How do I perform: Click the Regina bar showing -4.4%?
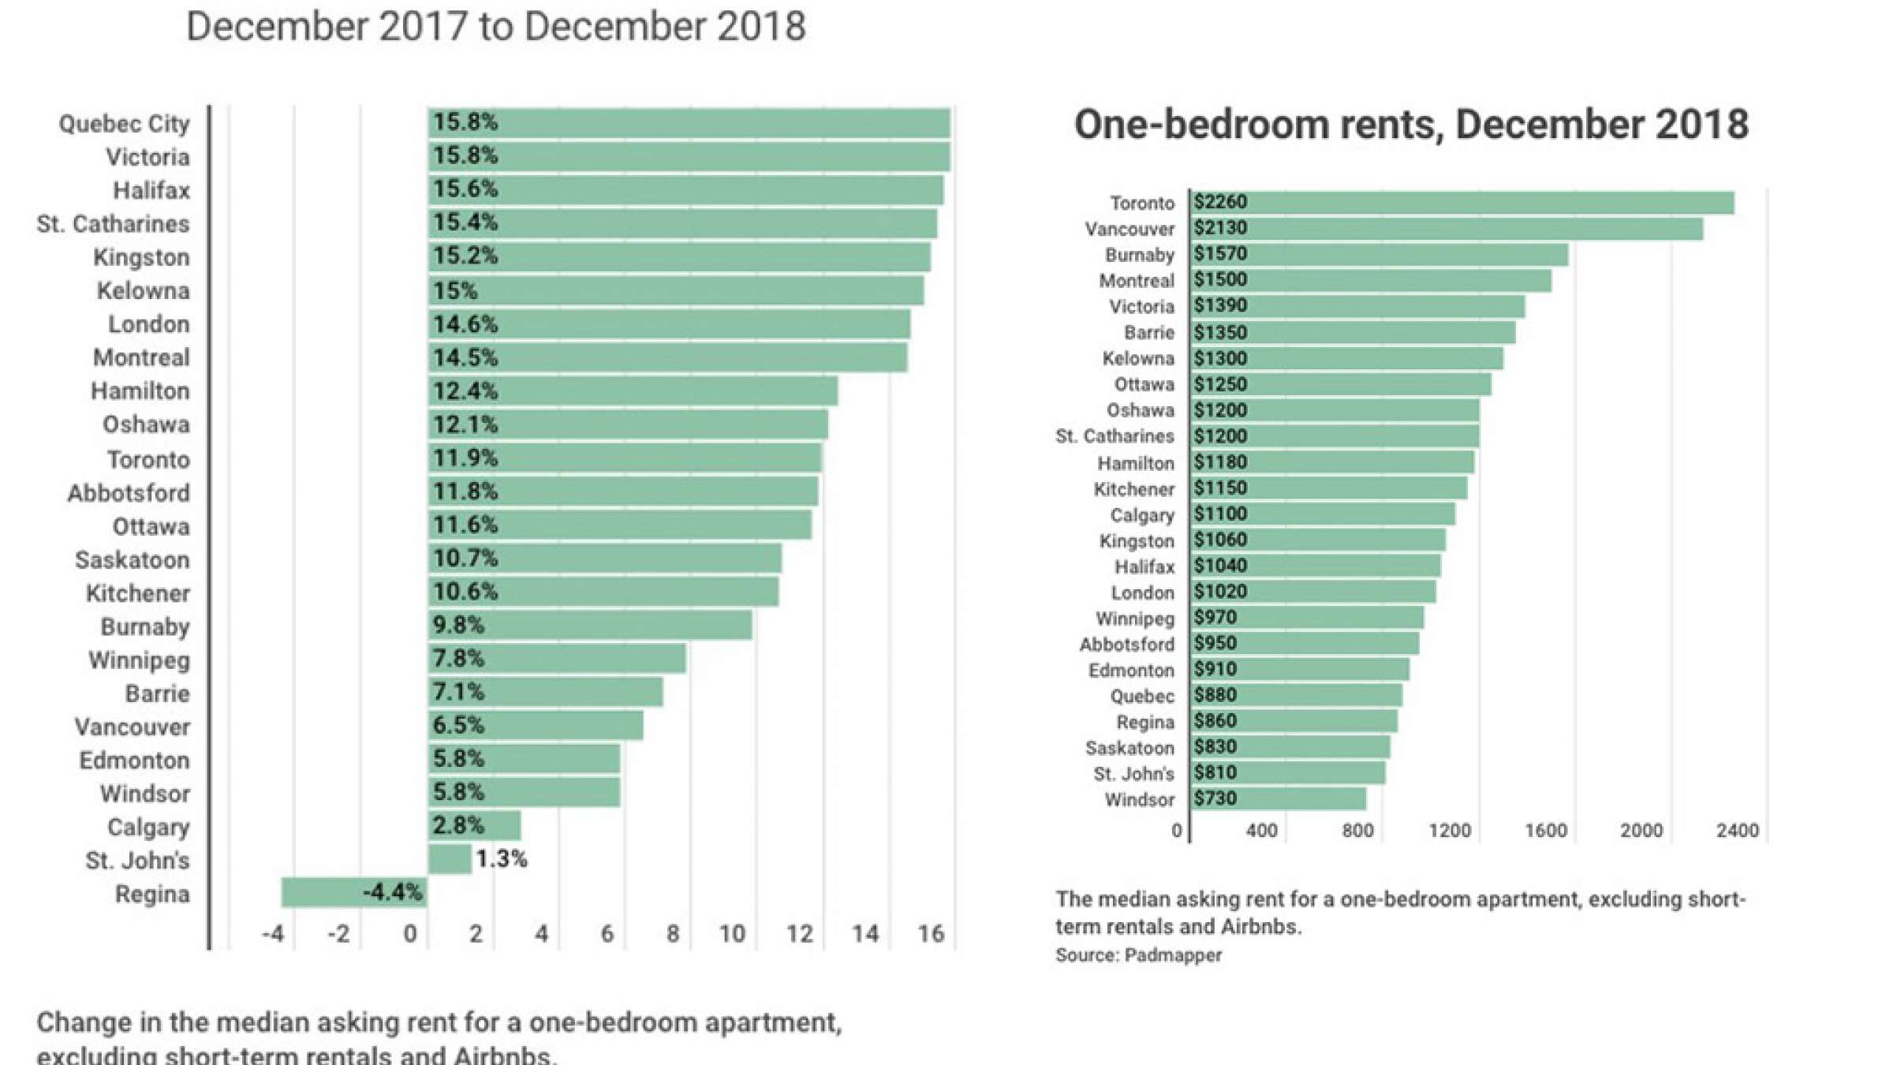[x=355, y=892]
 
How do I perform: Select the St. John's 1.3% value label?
[x=502, y=859]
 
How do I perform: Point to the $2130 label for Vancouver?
[x=1220, y=228]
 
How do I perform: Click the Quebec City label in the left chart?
[x=124, y=124]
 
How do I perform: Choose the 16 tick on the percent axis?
[x=931, y=934]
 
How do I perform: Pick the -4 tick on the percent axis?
[x=273, y=934]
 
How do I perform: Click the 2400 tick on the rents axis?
[x=1737, y=831]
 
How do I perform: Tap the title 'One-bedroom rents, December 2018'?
[x=1411, y=125]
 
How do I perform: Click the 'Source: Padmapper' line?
[x=1138, y=955]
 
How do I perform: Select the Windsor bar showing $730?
[x=1278, y=798]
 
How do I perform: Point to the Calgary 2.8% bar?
[x=475, y=826]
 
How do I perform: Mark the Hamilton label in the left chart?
[x=140, y=391]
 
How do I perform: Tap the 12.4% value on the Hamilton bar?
[x=465, y=391]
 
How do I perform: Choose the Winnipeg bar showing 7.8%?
[x=557, y=659]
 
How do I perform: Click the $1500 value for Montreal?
[x=1220, y=280]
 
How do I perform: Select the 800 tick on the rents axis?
[x=1357, y=831]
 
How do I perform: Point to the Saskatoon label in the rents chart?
[x=1129, y=748]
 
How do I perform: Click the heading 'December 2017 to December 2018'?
[x=495, y=26]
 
